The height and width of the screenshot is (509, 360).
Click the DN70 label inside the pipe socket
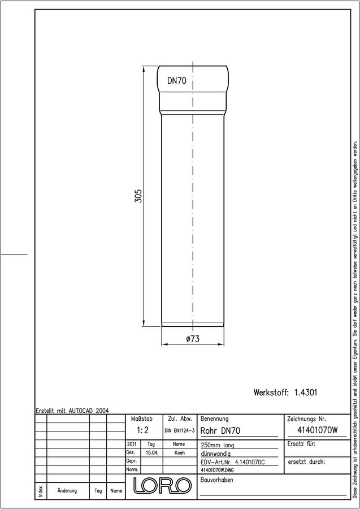(177, 81)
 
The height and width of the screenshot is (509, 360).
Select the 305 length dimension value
(138, 196)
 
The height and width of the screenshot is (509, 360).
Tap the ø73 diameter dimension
(193, 339)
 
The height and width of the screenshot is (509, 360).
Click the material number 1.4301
(306, 392)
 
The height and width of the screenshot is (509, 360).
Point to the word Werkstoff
(271, 392)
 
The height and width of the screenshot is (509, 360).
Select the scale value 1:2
(142, 430)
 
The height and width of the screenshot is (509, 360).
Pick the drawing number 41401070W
(318, 430)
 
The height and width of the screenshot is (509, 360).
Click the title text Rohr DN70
(220, 431)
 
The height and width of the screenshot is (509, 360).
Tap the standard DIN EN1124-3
(180, 431)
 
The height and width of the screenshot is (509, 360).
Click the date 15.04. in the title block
(152, 452)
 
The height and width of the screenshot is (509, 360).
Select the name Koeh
(179, 452)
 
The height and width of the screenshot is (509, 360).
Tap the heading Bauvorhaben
(217, 480)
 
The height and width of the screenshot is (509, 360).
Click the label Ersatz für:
(301, 444)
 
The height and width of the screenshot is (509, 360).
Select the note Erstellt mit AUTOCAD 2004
(72, 411)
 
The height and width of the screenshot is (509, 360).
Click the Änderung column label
(67, 490)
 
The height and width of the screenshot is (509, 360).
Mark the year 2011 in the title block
(132, 444)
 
